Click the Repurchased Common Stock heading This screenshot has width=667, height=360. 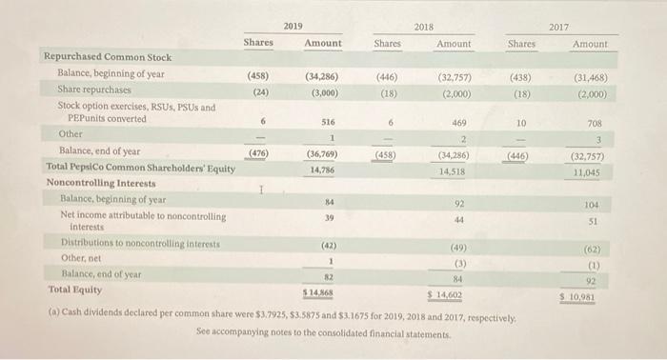(106, 57)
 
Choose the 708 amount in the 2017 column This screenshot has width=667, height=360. (596, 123)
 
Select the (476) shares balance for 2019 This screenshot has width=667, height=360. (257, 152)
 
